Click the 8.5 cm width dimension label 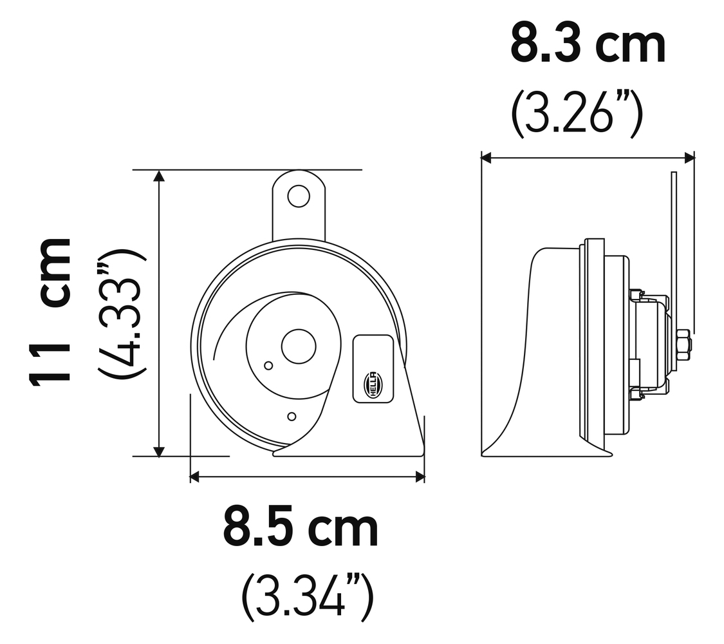point(301,527)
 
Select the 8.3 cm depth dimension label point(588,44)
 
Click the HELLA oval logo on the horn point(373,385)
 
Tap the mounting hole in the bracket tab point(299,196)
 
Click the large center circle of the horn point(299,346)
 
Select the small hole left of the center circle point(268,366)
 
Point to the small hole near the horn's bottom point(292,417)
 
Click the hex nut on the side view point(683,345)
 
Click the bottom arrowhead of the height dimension point(159,451)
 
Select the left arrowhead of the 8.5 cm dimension point(196,477)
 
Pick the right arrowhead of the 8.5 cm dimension point(420,477)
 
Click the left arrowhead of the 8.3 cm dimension point(487,157)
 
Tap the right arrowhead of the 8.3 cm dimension point(690,157)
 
